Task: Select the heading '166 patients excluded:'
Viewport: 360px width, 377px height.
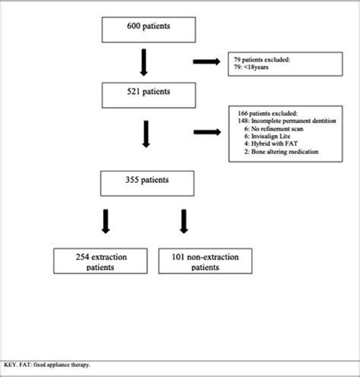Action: (x=263, y=112)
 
